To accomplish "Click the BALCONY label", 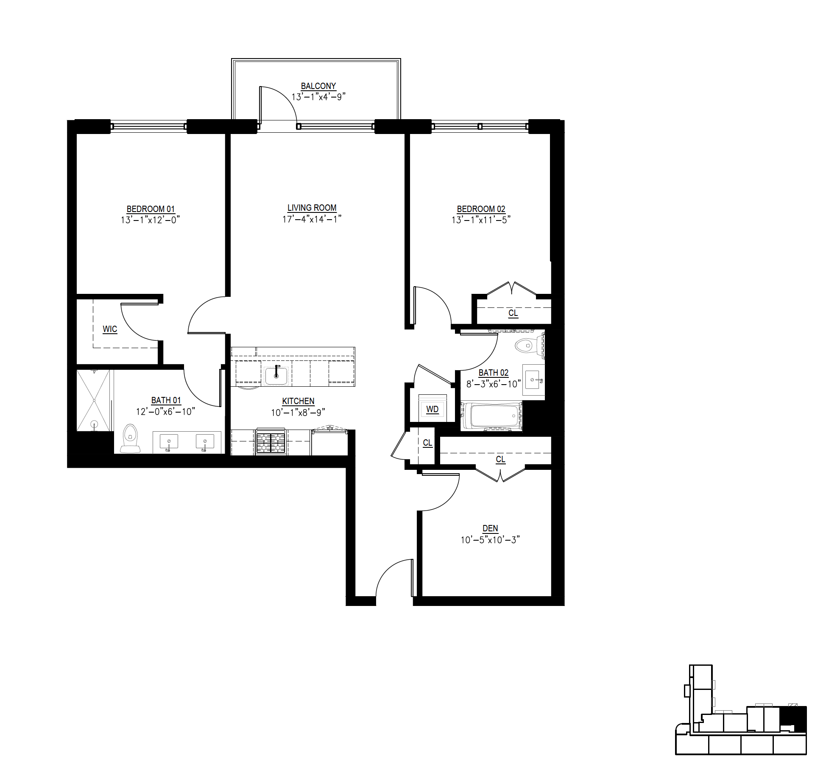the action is tap(318, 86).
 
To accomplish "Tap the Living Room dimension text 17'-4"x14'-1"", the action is tap(312, 219).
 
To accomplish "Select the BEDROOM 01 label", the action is tap(151, 209).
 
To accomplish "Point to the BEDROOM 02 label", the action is tap(481, 209).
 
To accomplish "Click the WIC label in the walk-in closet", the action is tap(110, 329).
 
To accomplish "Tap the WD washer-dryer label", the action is tap(432, 409).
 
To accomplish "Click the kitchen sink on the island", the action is tap(276, 375).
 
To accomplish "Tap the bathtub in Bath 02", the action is tap(491, 416).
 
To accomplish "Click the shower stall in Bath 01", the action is tap(94, 400).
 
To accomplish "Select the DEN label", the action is tap(490, 528).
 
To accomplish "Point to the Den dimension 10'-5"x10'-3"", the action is tap(490, 540).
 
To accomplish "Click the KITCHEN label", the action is tap(298, 401).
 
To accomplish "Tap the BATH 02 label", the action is tap(493, 373).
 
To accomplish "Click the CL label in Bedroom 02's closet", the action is tap(513, 313).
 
